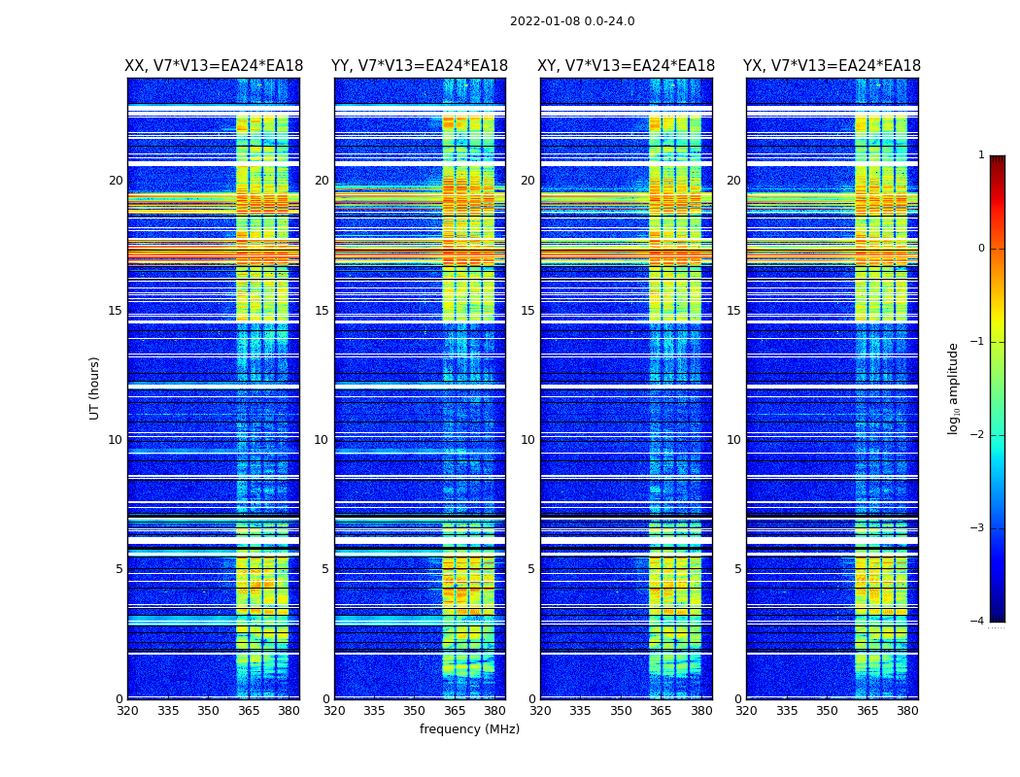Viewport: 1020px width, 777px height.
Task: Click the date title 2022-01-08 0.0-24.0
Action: [572, 21]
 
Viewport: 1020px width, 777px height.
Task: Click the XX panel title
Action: [214, 66]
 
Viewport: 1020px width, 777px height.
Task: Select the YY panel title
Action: [420, 66]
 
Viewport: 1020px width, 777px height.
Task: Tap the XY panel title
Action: [627, 66]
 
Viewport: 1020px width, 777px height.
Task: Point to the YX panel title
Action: [833, 66]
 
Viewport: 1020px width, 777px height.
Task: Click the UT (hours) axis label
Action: [95, 388]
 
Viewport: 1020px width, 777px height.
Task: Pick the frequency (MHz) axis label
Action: [469, 729]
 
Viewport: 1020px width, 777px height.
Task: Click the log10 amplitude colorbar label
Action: [954, 388]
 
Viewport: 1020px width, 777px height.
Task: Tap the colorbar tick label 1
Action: [981, 155]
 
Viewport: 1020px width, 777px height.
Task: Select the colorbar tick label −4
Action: [978, 622]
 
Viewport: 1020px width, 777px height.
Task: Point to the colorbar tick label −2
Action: [978, 435]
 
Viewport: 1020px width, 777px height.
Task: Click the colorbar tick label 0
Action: [981, 249]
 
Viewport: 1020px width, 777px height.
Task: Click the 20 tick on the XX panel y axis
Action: [116, 181]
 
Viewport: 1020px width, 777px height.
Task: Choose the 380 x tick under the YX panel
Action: [907, 710]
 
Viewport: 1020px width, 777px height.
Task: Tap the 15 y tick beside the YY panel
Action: [322, 311]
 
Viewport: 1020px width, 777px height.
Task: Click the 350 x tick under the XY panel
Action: [621, 710]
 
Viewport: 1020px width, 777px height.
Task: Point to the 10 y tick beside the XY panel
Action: [527, 440]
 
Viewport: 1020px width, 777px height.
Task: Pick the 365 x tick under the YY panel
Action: [455, 710]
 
